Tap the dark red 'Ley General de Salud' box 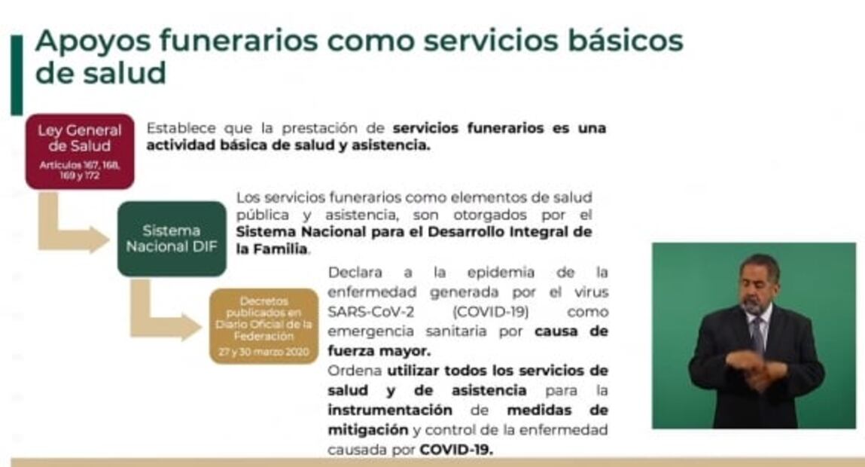79,151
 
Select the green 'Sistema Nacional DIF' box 172,239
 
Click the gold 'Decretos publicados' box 263,325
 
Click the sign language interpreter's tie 757,331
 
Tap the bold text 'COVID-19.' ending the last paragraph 456,450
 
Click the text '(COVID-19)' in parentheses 492,311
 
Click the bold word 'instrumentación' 390,411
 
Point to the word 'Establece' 177,128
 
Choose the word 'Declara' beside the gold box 355,272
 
